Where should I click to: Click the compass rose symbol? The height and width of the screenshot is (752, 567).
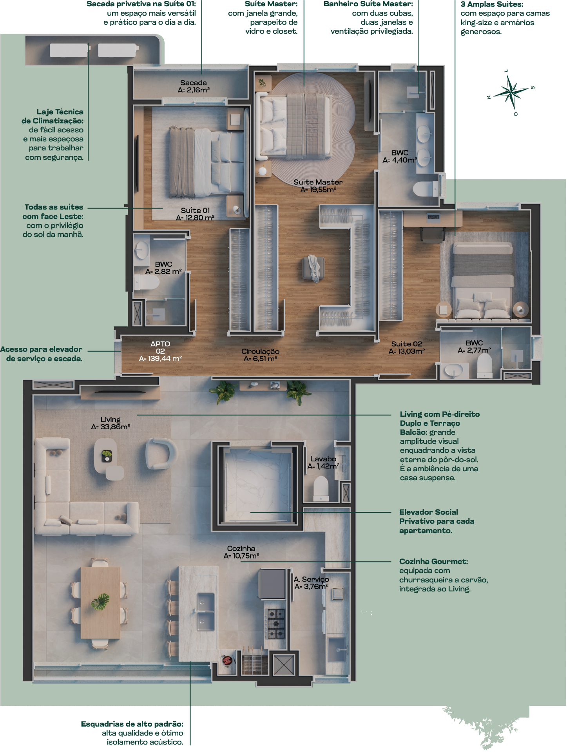tap(511, 92)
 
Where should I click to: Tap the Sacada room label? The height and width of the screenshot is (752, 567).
tap(194, 83)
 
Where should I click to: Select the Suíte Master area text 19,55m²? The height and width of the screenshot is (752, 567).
tap(319, 190)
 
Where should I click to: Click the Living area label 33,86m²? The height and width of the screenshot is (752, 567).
tap(111, 427)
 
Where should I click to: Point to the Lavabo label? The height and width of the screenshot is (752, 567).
tap(323, 459)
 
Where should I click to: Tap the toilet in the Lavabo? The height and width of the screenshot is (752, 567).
tap(321, 488)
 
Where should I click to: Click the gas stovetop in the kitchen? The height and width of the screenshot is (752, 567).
tap(276, 624)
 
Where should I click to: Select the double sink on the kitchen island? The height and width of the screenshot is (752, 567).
tap(206, 612)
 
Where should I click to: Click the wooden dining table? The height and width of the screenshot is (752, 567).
tap(100, 603)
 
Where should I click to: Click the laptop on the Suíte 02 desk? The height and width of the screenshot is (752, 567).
tap(434, 216)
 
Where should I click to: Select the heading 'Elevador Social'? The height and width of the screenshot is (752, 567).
tap(429, 512)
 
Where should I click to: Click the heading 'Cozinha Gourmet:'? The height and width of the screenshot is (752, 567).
tap(434, 561)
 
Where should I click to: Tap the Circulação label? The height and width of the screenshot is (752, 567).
tap(261, 351)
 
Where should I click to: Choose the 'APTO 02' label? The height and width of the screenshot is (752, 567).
tap(160, 347)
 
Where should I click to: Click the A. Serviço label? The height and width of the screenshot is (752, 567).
tap(312, 579)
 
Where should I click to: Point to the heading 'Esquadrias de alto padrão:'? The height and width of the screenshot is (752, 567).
tap(132, 724)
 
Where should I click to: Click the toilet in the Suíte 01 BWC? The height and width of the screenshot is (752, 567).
tap(147, 282)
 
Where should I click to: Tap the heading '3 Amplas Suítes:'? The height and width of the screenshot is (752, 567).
tap(492, 4)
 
